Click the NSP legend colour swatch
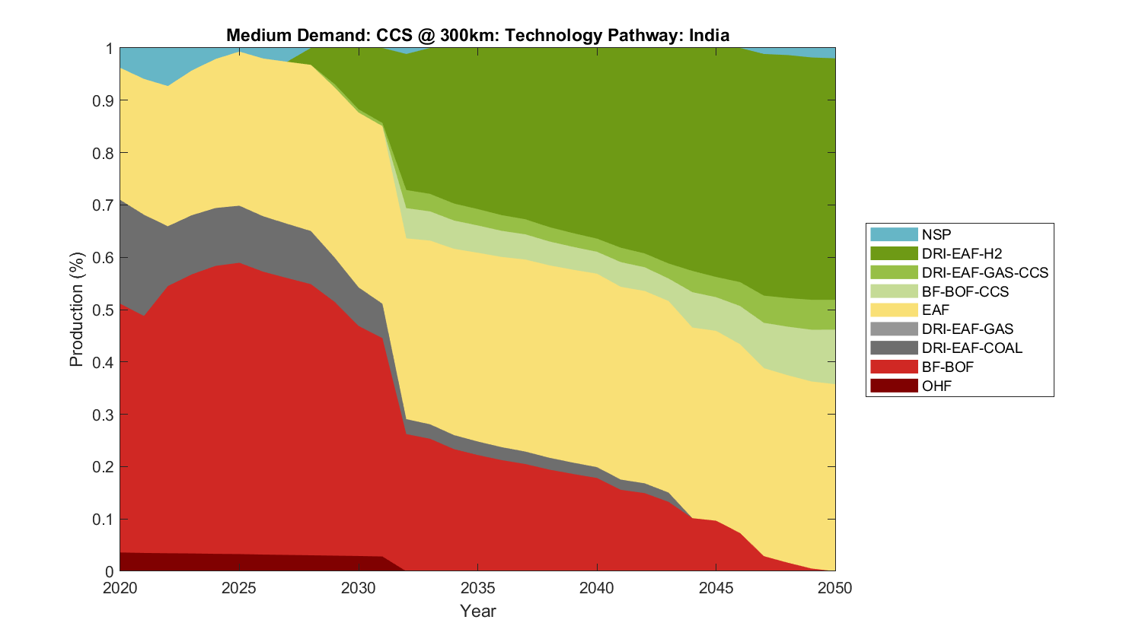pyautogui.click(x=894, y=234)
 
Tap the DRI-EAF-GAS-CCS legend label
pyautogui.click(x=984, y=272)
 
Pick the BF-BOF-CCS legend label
pyautogui.click(x=965, y=291)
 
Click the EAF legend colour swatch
pyautogui.click(x=894, y=310)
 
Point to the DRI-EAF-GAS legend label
pyautogui.click(x=967, y=329)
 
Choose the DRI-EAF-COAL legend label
pyautogui.click(x=971, y=348)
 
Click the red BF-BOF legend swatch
pyautogui.click(x=894, y=367)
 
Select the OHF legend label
pyautogui.click(x=936, y=386)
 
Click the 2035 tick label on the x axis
pyautogui.click(x=477, y=588)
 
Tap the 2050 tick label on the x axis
pyautogui.click(x=835, y=588)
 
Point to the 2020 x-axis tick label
pyautogui.click(x=120, y=588)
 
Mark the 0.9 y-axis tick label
pyautogui.click(x=104, y=100)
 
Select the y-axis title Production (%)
pyautogui.click(x=77, y=310)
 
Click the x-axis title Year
pyautogui.click(x=477, y=611)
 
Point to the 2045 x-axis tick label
pyautogui.click(x=716, y=588)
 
